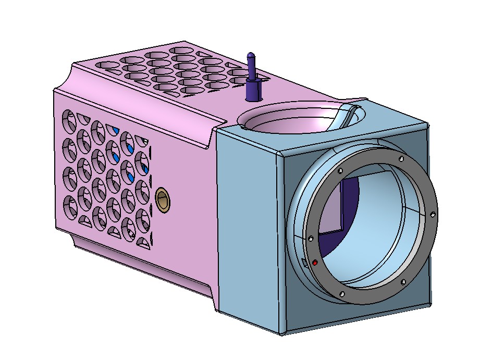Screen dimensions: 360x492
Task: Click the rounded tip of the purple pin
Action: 251,55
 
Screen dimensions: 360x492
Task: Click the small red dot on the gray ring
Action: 315,264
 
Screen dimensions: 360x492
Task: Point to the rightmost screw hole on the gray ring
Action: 433,214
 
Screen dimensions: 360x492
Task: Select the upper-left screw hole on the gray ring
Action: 340,170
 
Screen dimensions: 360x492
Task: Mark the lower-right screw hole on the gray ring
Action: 403,282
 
